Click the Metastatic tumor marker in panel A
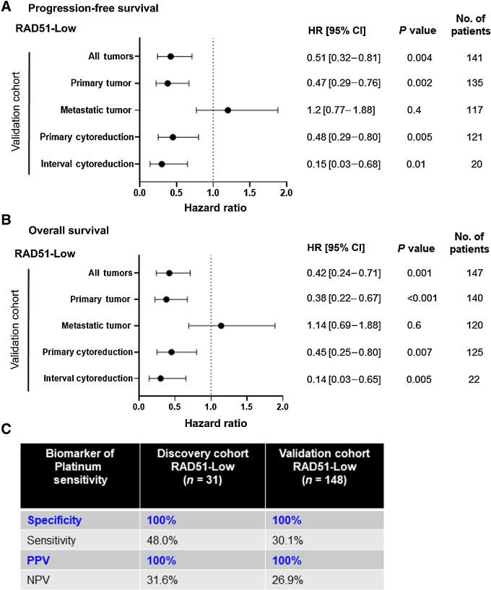(227, 110)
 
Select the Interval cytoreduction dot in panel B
(160, 378)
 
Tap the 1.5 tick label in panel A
(250, 193)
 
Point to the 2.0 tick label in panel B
(282, 407)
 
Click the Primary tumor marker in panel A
(168, 84)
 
